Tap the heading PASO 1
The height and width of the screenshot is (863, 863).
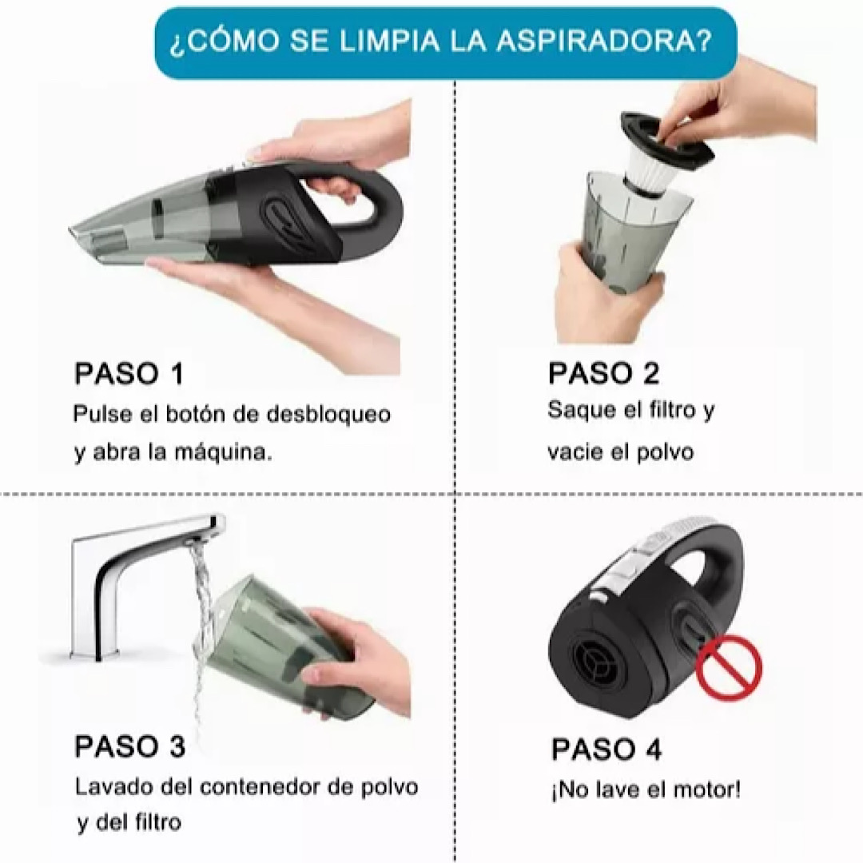coord(129,374)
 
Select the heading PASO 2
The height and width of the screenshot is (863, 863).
coord(603,373)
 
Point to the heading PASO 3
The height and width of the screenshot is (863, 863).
coord(129,746)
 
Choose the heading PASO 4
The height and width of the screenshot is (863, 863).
coord(606,750)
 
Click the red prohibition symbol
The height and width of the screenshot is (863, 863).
coord(728,667)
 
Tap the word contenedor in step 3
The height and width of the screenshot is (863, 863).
coord(260,786)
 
